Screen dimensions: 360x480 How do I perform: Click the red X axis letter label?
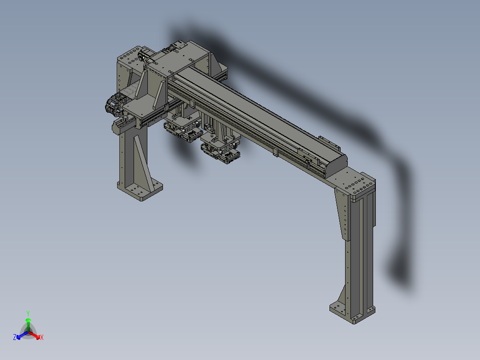42,338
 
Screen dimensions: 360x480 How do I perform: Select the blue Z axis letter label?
15,337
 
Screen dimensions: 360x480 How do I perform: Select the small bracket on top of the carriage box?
180,45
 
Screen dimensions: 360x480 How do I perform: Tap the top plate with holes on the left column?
130,56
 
